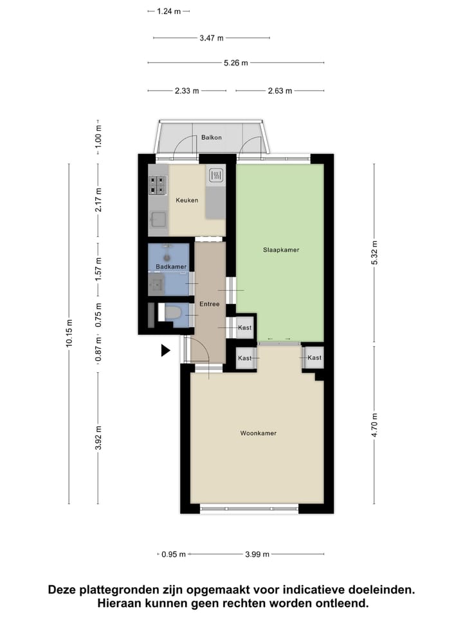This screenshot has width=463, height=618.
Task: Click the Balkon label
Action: pos(212,137)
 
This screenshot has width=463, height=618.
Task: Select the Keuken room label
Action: pos(187,200)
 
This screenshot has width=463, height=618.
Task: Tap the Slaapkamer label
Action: pos(281,250)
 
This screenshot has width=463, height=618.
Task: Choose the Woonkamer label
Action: pos(258,433)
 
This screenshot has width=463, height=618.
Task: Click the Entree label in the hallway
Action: pos(210,304)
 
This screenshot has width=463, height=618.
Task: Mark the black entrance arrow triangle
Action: pos(165,350)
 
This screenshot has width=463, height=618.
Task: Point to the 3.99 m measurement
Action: pos(257,554)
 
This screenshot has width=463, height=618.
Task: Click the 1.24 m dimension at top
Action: pos(168,11)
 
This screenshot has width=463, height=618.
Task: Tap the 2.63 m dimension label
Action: pos(280,91)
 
